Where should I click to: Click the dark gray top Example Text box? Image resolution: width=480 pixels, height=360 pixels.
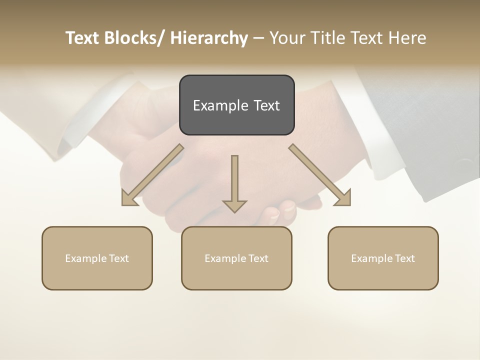pyautogui.click(x=236, y=105)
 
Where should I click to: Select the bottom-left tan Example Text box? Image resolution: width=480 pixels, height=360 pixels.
pyautogui.click(x=97, y=258)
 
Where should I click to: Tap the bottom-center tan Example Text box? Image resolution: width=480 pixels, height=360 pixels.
pyautogui.click(x=236, y=258)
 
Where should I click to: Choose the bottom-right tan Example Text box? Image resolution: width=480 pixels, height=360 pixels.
pyautogui.click(x=383, y=258)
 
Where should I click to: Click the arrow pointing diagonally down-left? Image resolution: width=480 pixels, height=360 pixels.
pyautogui.click(x=152, y=175)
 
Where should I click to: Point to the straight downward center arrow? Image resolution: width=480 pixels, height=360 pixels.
pyautogui.click(x=234, y=182)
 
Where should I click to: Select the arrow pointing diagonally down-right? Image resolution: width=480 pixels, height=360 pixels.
pyautogui.click(x=320, y=175)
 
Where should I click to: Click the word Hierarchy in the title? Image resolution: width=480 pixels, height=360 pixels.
pyautogui.click(x=209, y=38)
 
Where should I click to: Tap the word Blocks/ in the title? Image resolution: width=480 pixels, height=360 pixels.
pyautogui.click(x=133, y=38)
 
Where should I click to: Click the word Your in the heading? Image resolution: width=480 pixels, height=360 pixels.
pyautogui.click(x=287, y=38)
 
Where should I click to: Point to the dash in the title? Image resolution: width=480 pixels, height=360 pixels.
pyautogui.click(x=258, y=38)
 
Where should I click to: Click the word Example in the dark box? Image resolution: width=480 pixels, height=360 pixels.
pyautogui.click(x=216, y=105)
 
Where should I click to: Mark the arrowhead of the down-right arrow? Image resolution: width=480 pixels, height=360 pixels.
pyautogui.click(x=344, y=199)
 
